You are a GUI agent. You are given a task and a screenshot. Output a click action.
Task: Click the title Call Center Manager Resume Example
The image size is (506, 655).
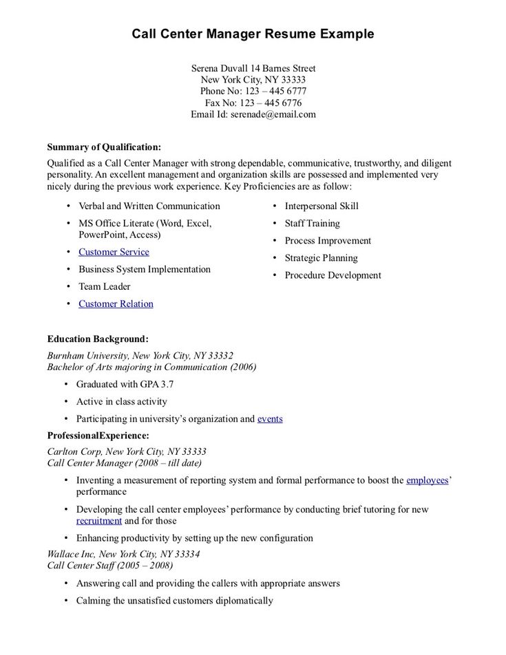click(x=253, y=34)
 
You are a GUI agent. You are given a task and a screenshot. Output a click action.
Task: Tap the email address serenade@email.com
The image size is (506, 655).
click(x=273, y=114)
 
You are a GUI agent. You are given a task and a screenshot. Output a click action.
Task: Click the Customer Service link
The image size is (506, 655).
click(x=114, y=252)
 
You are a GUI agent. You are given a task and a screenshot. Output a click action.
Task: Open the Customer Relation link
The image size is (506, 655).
click(x=116, y=303)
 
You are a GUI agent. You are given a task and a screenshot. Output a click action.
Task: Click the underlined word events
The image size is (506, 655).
click(x=270, y=418)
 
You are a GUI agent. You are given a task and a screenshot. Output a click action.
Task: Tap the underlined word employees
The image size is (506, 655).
click(x=428, y=480)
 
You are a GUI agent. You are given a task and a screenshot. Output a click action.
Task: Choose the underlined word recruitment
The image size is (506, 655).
click(x=99, y=521)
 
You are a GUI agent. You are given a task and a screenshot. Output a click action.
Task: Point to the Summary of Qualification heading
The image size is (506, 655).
click(x=104, y=147)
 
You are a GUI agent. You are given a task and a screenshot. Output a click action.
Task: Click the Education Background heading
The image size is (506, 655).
click(x=98, y=339)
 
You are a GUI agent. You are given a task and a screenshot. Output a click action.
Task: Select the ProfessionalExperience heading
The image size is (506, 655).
click(x=98, y=435)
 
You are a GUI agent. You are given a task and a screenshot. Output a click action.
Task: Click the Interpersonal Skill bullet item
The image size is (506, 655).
click(x=321, y=206)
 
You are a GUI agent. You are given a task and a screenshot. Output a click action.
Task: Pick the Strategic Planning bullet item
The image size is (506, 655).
click(x=321, y=258)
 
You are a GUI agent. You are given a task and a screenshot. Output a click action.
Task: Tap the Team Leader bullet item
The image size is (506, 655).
click(x=104, y=286)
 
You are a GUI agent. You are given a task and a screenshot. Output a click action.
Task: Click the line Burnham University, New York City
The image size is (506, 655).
click(x=140, y=356)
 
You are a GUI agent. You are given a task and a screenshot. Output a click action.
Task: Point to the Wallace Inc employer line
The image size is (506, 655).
click(x=123, y=554)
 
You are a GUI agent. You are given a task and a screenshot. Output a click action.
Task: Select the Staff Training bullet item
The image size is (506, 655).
click(x=312, y=223)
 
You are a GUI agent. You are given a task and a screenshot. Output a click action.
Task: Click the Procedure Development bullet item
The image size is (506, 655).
click(x=333, y=275)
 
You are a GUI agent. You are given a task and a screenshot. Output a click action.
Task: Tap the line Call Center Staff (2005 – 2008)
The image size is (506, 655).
click(x=110, y=566)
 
